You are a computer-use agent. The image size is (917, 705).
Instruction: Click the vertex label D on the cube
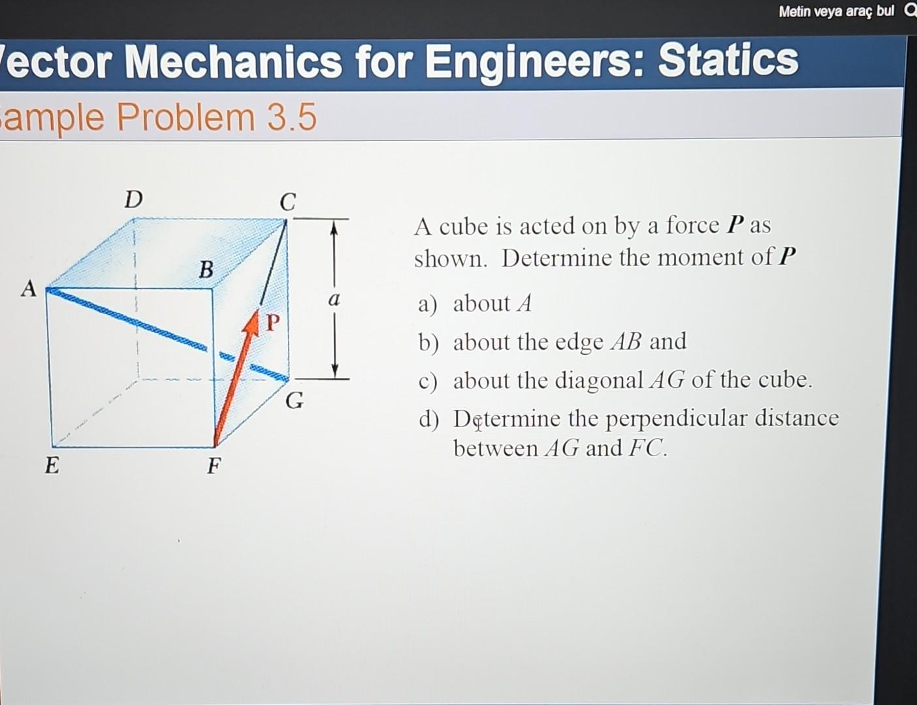tap(133, 199)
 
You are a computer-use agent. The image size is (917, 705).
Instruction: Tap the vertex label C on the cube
tap(288, 202)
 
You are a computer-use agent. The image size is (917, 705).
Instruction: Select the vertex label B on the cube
tap(206, 270)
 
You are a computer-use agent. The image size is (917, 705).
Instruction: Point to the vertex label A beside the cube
tap(29, 289)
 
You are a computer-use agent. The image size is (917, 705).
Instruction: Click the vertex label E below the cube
tap(52, 465)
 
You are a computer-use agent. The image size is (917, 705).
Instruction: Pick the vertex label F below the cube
tap(214, 466)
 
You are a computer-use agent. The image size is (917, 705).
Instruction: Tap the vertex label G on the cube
tap(294, 400)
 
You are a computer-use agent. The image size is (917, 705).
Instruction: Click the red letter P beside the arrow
tap(273, 322)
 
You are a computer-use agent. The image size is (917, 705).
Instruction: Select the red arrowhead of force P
tap(252, 322)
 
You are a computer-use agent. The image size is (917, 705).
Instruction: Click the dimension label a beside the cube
tap(334, 300)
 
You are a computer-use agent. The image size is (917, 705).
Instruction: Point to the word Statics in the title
tap(728, 60)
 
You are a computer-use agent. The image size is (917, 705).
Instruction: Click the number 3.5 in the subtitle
tap(291, 117)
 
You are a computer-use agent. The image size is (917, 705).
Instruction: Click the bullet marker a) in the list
tap(428, 304)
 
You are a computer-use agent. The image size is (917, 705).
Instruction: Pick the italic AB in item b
tap(626, 341)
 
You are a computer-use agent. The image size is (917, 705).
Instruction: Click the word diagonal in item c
tap(599, 381)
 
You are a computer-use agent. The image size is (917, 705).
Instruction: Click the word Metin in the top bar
tap(795, 12)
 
